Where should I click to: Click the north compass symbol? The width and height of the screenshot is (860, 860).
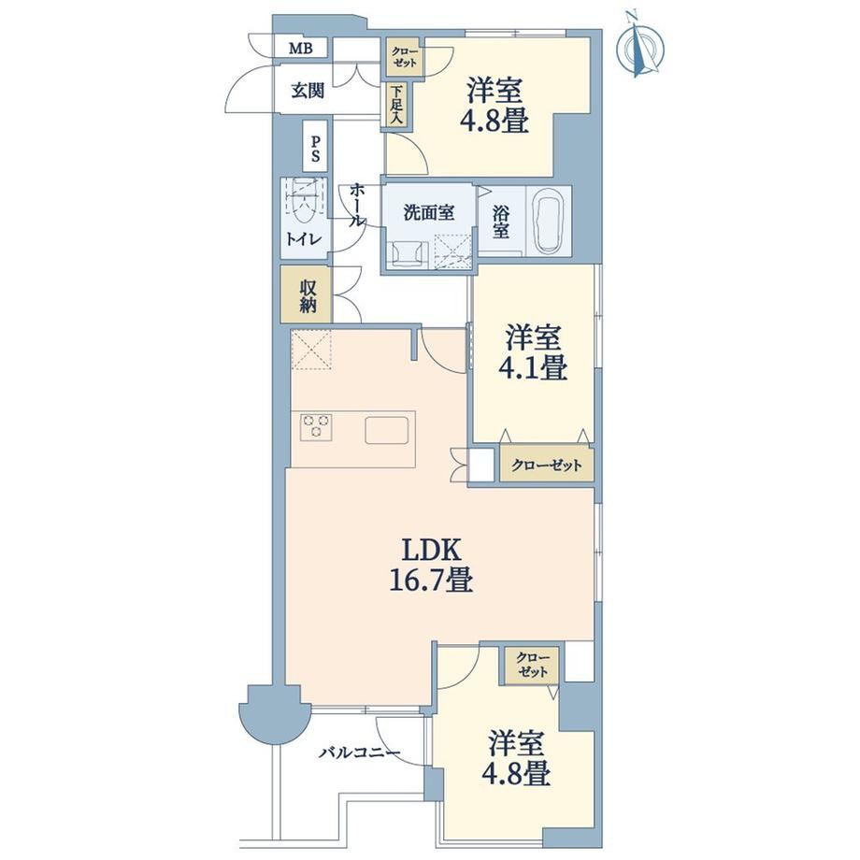tap(639, 46)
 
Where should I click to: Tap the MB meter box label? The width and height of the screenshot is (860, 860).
tap(301, 49)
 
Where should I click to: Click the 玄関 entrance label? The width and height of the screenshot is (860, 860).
tap(308, 91)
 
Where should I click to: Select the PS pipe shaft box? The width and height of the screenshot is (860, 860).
tap(315, 147)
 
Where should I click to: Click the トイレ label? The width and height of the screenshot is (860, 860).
tap(304, 238)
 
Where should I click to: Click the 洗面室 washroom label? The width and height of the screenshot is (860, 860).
tap(429, 213)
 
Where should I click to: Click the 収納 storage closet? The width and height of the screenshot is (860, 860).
tap(307, 294)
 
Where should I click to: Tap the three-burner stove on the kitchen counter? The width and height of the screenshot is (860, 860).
tap(317, 426)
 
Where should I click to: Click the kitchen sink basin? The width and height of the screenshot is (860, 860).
tap(387, 430)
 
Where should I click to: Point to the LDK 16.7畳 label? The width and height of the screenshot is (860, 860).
tap(431, 565)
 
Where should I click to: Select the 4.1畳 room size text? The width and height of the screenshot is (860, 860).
tap(533, 367)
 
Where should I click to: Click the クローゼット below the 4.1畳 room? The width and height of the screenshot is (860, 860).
tap(547, 466)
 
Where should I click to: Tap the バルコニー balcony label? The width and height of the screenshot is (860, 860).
tap(359, 752)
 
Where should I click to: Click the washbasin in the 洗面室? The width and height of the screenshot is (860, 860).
tap(407, 254)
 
